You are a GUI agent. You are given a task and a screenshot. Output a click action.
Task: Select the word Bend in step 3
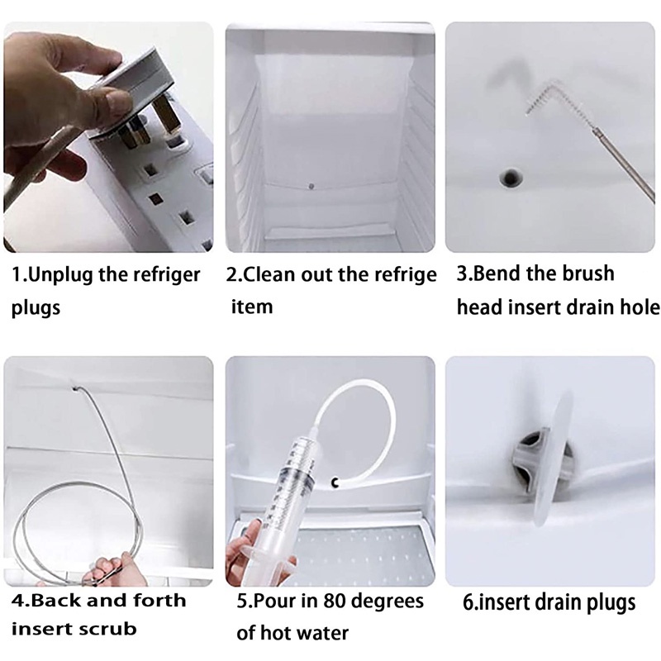click(494, 273)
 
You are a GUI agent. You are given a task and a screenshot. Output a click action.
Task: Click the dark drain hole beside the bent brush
click(511, 178)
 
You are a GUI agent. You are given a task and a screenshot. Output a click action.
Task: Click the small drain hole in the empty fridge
click(311, 186)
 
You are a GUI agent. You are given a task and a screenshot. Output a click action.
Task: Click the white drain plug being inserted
click(547, 460)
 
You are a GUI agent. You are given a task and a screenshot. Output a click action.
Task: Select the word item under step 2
click(252, 307)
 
